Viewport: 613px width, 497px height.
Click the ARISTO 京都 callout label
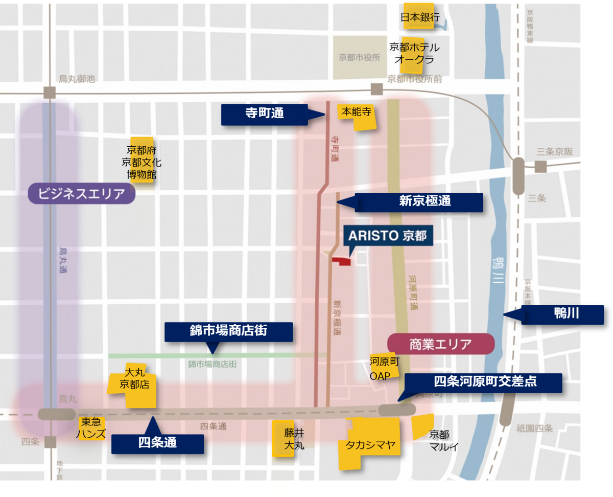point(387,236)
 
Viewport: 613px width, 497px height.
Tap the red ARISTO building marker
point(342,261)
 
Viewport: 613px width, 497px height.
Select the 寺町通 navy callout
point(264,114)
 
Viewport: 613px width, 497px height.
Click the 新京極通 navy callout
point(418,201)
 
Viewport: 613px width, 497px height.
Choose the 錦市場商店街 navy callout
point(228,331)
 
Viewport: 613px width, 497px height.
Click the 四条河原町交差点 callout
point(484,382)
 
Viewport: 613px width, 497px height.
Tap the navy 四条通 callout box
point(157,443)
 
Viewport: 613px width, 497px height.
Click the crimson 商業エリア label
point(440,344)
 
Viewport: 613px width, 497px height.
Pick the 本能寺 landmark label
point(357,112)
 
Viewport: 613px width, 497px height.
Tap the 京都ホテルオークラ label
point(414,53)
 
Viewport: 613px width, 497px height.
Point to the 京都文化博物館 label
point(142,163)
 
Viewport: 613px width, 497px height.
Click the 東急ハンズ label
point(91,428)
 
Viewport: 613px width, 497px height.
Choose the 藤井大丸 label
point(294,439)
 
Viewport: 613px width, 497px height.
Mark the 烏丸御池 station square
point(50,93)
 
